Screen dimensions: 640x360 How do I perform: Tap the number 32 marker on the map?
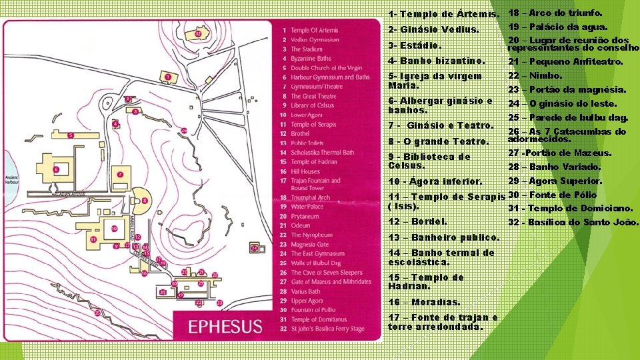[198, 34]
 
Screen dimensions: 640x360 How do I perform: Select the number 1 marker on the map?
[168, 77]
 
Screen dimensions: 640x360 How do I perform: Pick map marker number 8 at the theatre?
[145, 199]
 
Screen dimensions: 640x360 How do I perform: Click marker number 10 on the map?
[114, 229]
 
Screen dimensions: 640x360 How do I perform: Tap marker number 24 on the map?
[253, 249]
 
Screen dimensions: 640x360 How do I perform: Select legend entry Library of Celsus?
[312, 105]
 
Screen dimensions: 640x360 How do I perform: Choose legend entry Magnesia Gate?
[309, 245]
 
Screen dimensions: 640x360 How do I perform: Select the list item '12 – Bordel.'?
[417, 221]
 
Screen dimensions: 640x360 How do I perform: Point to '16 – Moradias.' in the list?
[423, 302]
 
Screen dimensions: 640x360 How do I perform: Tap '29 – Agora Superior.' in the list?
[555, 181]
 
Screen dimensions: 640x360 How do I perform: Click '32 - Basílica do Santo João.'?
[573, 222]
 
